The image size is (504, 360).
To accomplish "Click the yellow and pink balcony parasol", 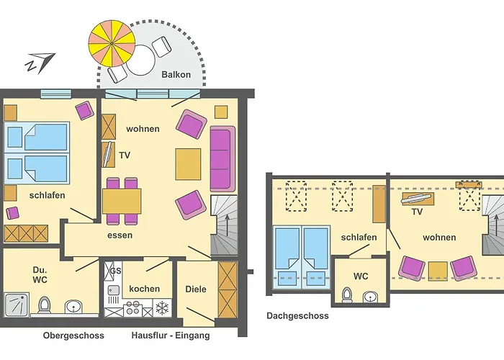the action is click(112, 43).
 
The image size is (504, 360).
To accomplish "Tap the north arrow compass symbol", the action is click(40, 63).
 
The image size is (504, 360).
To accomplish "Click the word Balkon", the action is click(176, 75).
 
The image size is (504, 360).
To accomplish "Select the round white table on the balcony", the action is click(141, 60).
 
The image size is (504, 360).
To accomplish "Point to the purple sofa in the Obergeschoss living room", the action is click(222, 159).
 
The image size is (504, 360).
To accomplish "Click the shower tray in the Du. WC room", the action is click(17, 305).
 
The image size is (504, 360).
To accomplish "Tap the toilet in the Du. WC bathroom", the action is click(45, 305).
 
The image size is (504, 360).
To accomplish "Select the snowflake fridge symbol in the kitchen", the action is click(162, 308).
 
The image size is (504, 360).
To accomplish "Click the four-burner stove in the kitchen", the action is click(132, 307).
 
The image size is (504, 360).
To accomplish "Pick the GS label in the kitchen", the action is click(116, 271).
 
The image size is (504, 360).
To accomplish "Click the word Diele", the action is click(196, 289).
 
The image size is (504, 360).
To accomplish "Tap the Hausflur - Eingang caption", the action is click(171, 336).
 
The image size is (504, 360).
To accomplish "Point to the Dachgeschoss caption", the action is click(297, 316).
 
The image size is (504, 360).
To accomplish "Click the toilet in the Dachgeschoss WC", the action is click(347, 295).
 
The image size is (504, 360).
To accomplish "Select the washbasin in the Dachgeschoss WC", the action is click(371, 297).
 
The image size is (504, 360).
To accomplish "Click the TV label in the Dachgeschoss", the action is click(417, 212).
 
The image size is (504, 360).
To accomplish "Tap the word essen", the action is click(120, 235).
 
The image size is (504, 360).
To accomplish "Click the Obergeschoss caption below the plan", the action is click(73, 336).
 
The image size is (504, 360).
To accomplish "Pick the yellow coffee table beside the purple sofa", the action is click(188, 164).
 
